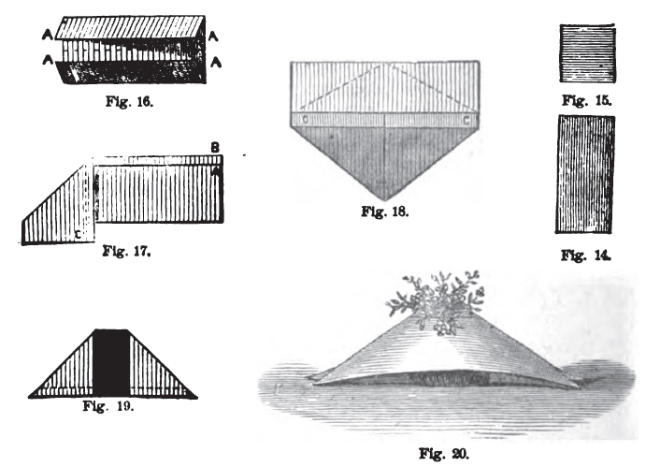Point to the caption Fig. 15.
(587, 99)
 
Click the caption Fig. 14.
(587, 255)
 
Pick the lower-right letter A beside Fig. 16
(215, 63)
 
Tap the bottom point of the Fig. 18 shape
(385, 197)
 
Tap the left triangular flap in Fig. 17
(56, 211)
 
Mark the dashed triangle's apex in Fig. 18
(385, 67)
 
